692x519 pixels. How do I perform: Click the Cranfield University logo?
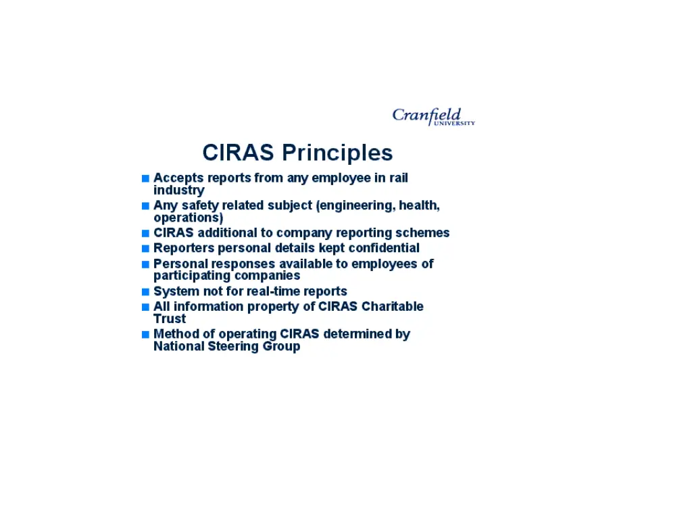click(x=433, y=117)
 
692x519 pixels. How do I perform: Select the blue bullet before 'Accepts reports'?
click(x=145, y=178)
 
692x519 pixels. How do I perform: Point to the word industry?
click(x=178, y=191)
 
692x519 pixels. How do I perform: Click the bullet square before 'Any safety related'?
click(x=145, y=206)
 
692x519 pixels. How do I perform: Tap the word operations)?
click(x=188, y=218)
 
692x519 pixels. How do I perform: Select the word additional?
click(x=226, y=233)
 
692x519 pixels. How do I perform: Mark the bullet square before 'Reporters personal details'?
click(x=145, y=249)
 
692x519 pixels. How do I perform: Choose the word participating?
click(x=192, y=276)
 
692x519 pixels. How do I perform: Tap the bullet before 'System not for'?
click(x=145, y=292)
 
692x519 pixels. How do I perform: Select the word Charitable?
click(x=392, y=306)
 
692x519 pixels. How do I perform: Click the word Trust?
click(x=169, y=318)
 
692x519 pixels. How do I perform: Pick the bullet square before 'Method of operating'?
click(x=145, y=335)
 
